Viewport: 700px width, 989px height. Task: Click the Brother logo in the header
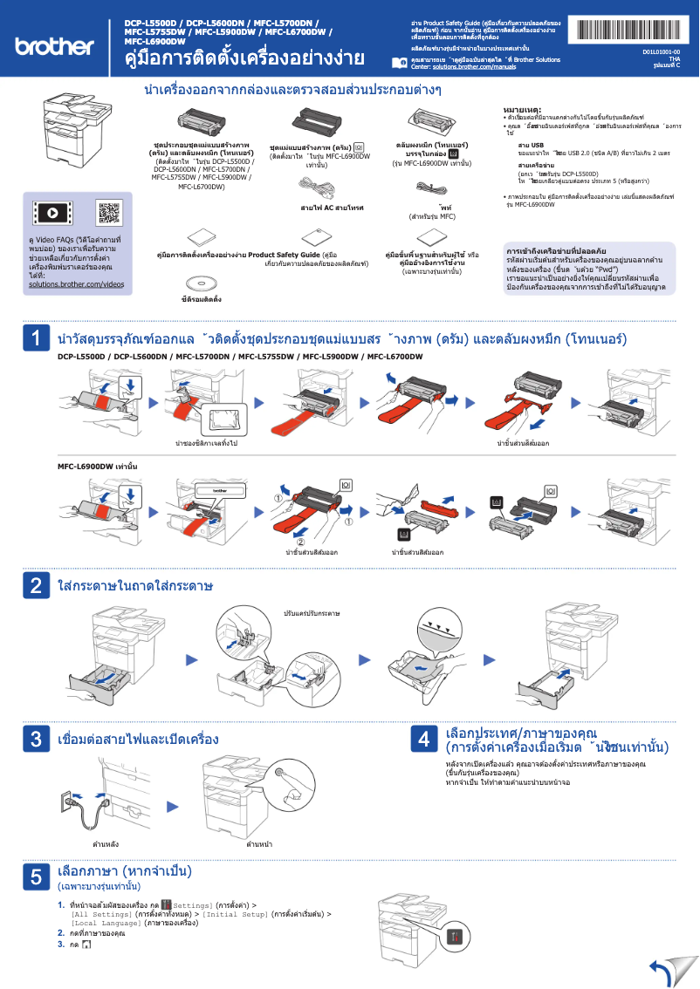pos(54,44)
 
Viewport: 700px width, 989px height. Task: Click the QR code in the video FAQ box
pos(108,212)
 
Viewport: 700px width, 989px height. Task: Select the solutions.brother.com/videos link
pos(77,284)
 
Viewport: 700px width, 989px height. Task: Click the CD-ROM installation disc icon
pos(201,282)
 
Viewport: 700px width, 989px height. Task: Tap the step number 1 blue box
pos(36,338)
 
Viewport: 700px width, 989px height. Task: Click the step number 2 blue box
pos(36,585)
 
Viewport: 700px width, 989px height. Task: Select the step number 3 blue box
pos(36,740)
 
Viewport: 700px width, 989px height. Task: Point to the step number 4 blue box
pos(423,740)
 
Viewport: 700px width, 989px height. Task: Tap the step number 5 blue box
pos(36,877)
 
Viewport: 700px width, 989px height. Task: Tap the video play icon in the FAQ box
pos(51,212)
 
